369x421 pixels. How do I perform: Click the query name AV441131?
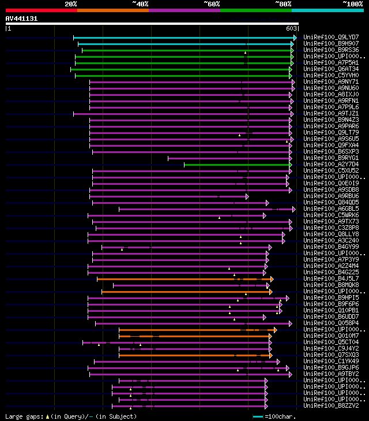22,18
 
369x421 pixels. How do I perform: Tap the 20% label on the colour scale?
71,3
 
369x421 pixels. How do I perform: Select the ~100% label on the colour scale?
352,3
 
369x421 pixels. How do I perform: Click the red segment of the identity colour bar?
41,10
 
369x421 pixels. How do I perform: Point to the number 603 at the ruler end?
291,28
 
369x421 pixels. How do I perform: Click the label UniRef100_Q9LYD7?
331,37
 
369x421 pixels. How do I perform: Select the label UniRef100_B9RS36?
331,50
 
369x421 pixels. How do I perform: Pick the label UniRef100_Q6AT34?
331,69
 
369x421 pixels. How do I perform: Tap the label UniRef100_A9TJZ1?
331,113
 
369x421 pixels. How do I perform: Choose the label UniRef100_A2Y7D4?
331,164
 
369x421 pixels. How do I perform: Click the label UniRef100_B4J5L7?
331,278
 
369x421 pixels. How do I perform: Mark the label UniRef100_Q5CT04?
331,342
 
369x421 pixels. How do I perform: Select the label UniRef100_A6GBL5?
331,208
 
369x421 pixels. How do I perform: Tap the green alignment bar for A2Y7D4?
236,164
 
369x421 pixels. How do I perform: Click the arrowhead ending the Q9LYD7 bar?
295,37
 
